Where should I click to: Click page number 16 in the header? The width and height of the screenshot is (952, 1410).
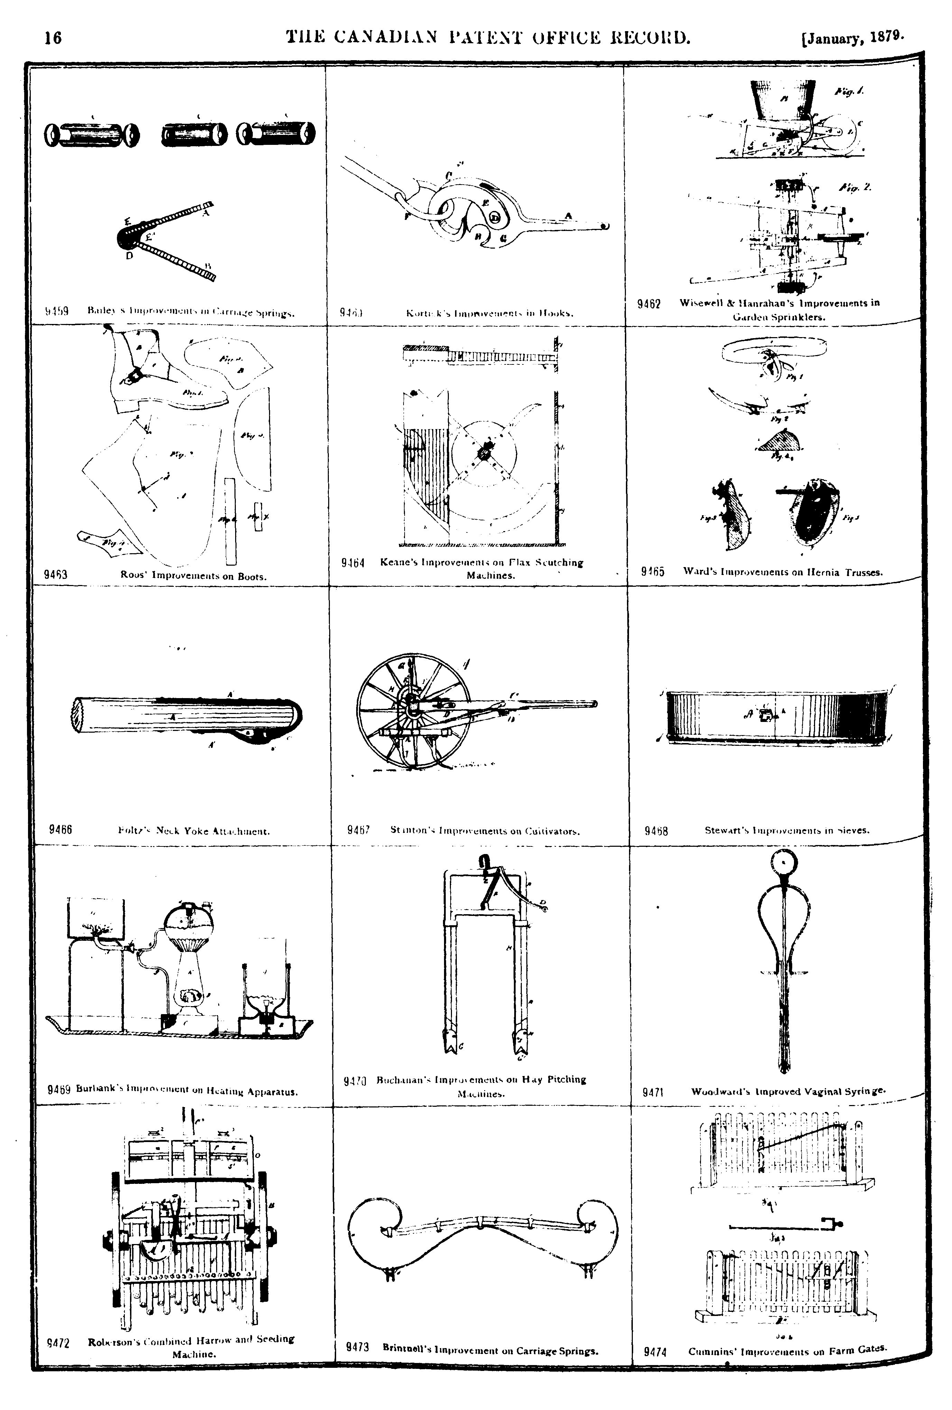point(53,38)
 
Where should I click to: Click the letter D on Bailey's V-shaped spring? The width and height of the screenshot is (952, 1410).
point(129,256)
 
